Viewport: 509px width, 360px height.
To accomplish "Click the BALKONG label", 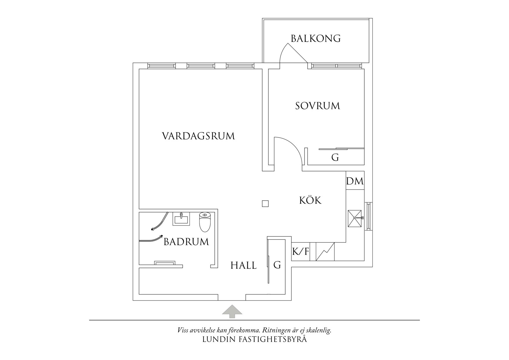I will (316, 38).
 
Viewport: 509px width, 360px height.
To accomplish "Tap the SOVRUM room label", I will (317, 106).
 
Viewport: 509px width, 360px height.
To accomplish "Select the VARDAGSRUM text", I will (198, 136).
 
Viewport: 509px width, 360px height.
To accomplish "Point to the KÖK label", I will (310, 200).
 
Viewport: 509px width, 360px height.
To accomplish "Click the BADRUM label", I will (186, 242).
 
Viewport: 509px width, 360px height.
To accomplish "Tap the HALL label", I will (243, 265).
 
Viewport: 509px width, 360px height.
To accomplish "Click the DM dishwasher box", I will (355, 181).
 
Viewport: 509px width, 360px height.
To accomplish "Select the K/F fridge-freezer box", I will (300, 251).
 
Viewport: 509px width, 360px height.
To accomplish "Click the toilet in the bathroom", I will (205, 222).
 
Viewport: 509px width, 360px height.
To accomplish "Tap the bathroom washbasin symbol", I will (181, 219).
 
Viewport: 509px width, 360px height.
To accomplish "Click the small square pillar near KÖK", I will (265, 204).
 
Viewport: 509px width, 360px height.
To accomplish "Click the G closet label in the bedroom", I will (335, 158).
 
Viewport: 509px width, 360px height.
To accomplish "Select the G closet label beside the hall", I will (277, 265).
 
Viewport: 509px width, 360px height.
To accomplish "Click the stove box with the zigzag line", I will (325, 251).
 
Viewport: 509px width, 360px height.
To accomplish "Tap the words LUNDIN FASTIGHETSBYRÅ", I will (255, 339).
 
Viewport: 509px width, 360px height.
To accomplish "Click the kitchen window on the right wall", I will (368, 216).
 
